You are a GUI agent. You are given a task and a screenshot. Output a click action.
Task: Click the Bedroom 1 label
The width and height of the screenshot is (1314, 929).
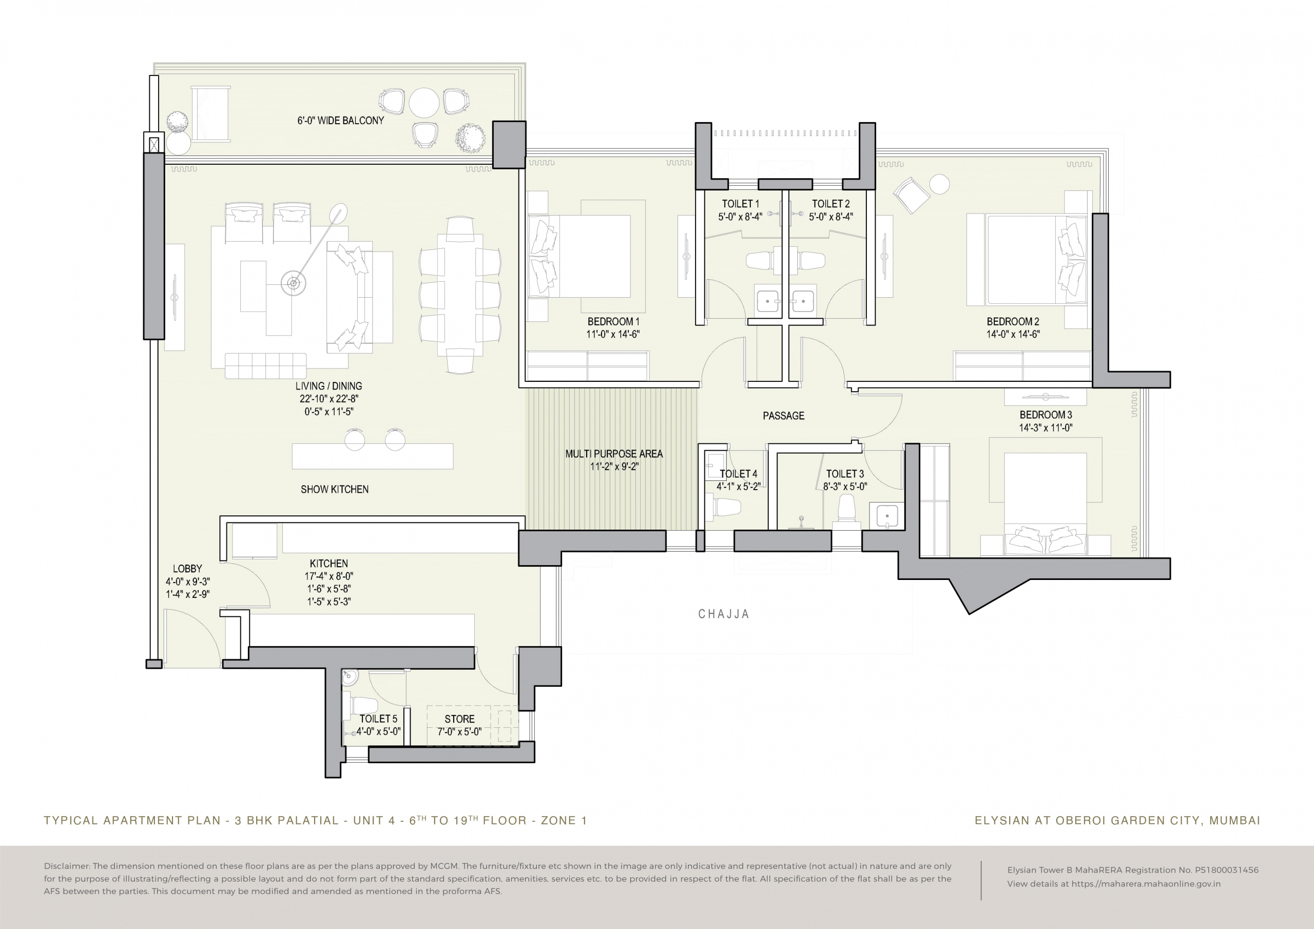(x=613, y=322)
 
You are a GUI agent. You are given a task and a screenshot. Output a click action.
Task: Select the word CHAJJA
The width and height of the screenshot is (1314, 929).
(x=723, y=614)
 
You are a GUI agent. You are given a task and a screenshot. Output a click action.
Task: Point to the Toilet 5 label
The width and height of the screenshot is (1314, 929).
(x=378, y=719)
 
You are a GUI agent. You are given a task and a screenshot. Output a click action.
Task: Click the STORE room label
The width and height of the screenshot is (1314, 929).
(x=459, y=719)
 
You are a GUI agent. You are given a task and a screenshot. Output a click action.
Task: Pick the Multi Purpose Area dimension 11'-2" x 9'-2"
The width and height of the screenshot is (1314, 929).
(x=614, y=467)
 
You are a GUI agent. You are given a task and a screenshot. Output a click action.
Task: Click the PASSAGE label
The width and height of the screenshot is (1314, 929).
(x=783, y=416)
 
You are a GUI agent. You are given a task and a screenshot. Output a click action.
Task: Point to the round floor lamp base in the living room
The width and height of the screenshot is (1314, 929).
(x=293, y=283)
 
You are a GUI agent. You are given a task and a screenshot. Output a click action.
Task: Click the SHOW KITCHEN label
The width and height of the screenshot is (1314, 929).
(x=335, y=490)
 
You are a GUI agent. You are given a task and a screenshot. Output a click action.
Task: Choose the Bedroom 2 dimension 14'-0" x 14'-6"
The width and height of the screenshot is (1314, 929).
(x=1013, y=334)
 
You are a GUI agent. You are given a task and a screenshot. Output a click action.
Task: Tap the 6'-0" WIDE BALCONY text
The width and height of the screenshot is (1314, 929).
(x=340, y=121)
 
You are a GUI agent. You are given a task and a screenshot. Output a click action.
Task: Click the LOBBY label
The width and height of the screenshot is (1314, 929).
(x=188, y=569)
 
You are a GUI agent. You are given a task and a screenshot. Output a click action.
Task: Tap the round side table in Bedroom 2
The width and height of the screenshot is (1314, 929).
(x=939, y=184)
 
